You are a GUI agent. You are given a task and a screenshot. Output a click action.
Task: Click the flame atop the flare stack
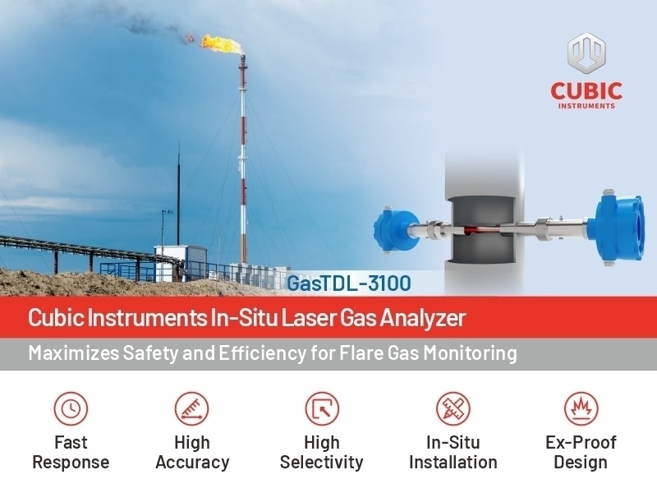pyautogui.click(x=221, y=44)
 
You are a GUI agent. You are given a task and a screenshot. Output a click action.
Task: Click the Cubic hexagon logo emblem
pyautogui.click(x=586, y=52)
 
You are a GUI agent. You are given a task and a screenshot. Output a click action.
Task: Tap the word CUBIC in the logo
pyautogui.click(x=586, y=91)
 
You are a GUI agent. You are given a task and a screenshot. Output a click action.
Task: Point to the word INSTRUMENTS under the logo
pyautogui.click(x=586, y=106)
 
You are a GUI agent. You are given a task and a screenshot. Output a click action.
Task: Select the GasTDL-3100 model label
pyautogui.click(x=348, y=283)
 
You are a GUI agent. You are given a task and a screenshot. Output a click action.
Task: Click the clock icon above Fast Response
pyautogui.click(x=71, y=408)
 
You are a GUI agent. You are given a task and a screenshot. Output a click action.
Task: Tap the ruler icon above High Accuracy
pyautogui.click(x=192, y=408)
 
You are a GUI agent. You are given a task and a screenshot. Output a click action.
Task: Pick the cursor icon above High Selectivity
pyautogui.click(x=322, y=408)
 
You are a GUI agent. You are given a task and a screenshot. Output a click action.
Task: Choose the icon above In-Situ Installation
pyautogui.click(x=453, y=408)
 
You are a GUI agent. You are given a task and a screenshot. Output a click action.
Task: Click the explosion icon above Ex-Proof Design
pyautogui.click(x=581, y=408)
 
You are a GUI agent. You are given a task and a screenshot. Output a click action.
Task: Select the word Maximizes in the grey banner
pyautogui.click(x=74, y=353)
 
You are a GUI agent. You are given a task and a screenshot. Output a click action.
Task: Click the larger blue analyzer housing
pyautogui.click(x=615, y=227)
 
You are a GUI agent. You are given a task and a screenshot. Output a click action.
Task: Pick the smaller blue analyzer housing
pyautogui.click(x=395, y=230)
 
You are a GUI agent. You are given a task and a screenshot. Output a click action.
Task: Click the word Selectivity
pyautogui.click(x=321, y=463)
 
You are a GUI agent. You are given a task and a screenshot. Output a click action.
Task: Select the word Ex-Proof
pyautogui.click(x=581, y=442)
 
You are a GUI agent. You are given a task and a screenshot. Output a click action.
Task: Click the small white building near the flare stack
pyautogui.click(x=180, y=262)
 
